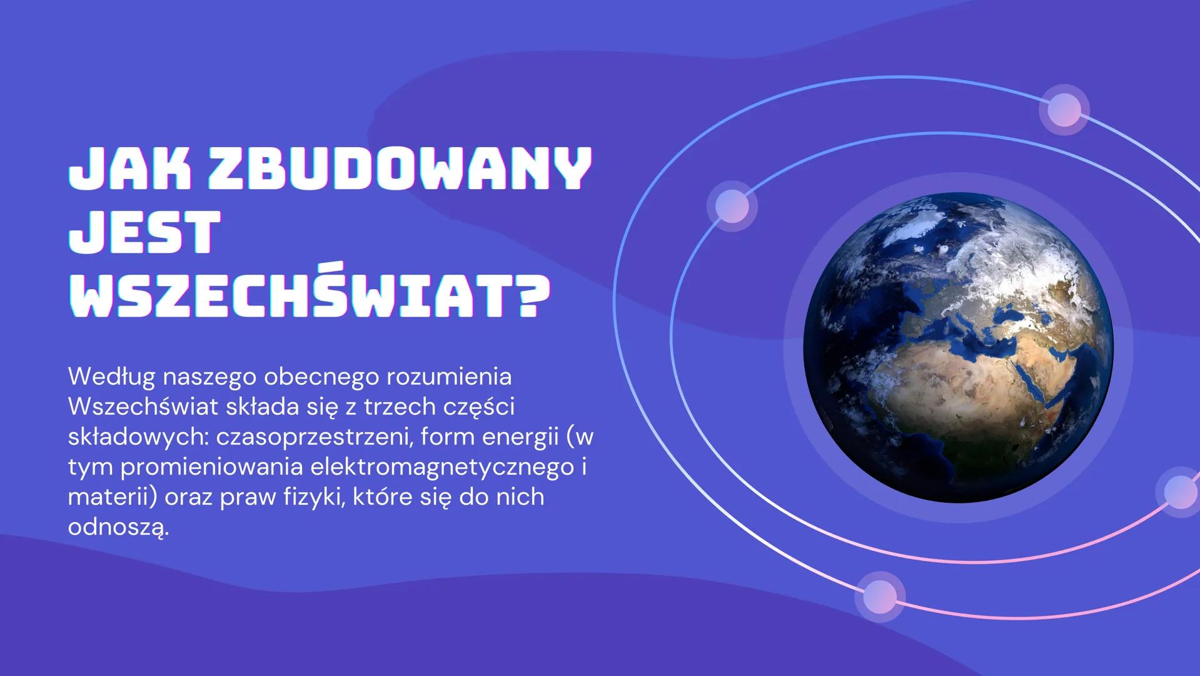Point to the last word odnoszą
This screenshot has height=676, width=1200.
pos(117,527)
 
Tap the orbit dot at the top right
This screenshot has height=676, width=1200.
pos(1064,110)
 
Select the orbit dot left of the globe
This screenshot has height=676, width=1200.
pos(732,205)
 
